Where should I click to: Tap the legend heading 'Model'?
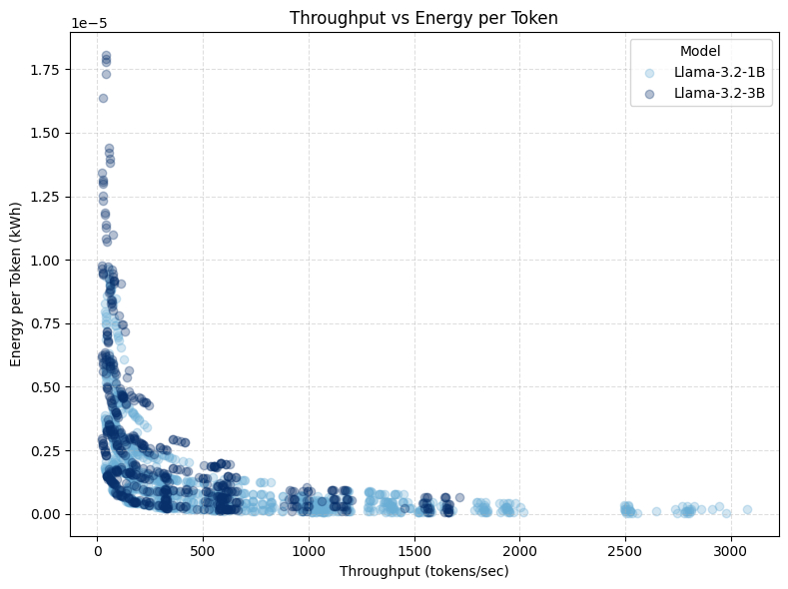(x=700, y=51)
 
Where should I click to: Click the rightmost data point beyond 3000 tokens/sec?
(x=747, y=509)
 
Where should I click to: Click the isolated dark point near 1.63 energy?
(x=103, y=98)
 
